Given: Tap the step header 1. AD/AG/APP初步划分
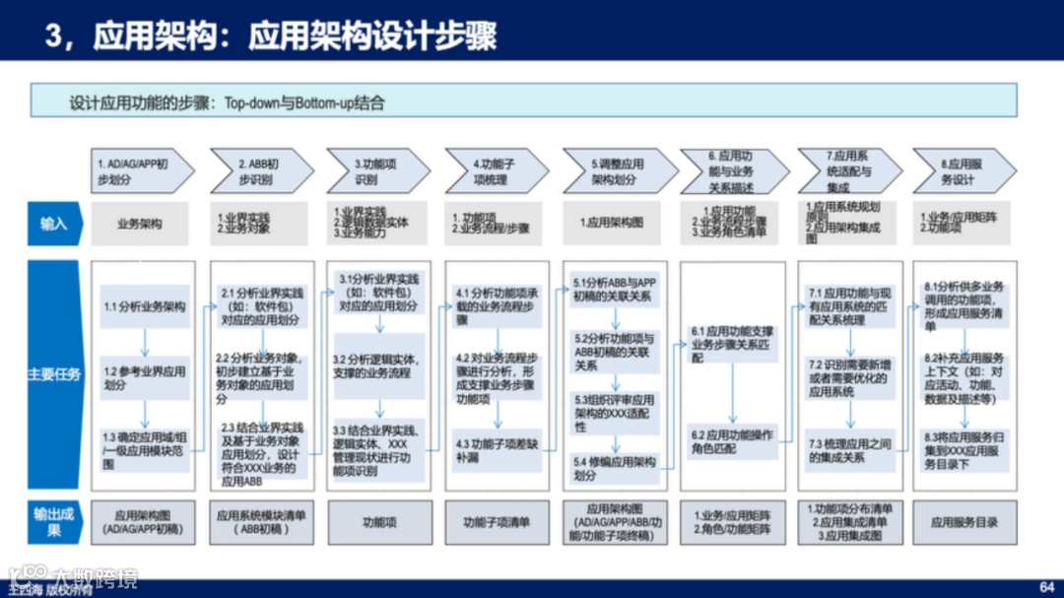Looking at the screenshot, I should pos(137,171).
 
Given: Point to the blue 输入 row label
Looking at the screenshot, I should pos(54,224).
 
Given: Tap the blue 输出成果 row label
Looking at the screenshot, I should pos(54,522).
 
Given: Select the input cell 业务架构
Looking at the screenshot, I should pos(139,224).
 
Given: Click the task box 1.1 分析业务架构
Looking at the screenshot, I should pos(145,306).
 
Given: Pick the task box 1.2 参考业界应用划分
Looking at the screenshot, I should pos(145,378).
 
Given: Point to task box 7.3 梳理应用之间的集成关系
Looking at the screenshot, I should pos(849,450).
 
